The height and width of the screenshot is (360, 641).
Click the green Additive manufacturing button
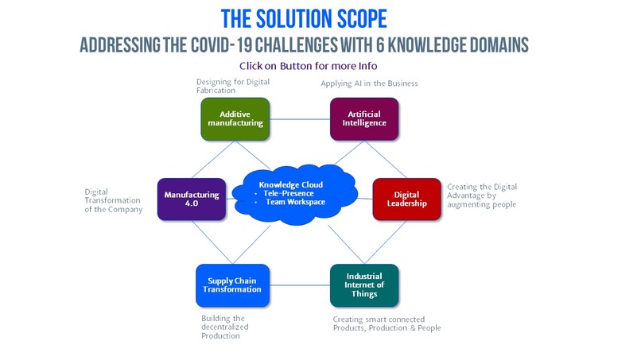click(x=230, y=118)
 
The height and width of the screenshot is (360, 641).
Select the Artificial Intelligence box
click(x=364, y=118)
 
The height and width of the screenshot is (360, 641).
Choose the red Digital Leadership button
click(x=406, y=199)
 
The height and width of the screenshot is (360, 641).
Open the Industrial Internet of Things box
click(x=364, y=285)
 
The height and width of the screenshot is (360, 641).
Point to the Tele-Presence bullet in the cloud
click(x=289, y=193)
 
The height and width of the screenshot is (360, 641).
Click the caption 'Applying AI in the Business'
click(x=369, y=83)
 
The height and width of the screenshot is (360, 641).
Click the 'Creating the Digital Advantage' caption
click(x=482, y=195)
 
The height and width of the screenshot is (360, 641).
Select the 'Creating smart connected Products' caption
click(x=386, y=323)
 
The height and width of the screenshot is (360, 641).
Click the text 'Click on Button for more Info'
click(x=308, y=66)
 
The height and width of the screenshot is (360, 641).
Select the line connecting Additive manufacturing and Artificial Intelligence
click(x=297, y=118)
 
